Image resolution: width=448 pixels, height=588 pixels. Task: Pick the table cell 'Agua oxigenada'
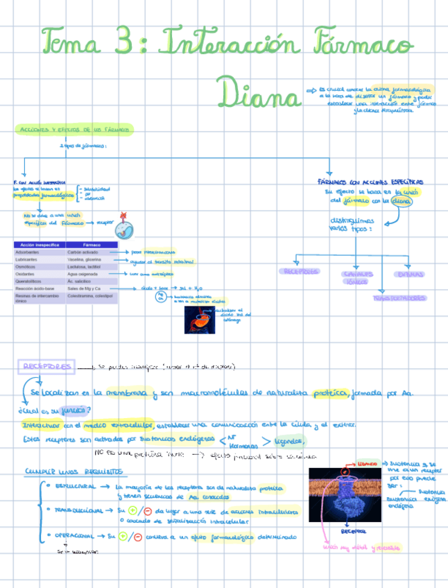click(x=82, y=273)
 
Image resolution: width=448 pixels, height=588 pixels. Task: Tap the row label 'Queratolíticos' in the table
click(x=30, y=281)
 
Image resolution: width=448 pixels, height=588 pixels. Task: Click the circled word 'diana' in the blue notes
click(x=401, y=202)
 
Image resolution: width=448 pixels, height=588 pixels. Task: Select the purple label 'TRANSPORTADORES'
click(x=399, y=297)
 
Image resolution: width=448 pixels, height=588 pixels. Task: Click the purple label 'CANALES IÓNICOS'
click(x=356, y=278)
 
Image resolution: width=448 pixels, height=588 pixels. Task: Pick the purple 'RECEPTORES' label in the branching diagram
click(x=300, y=271)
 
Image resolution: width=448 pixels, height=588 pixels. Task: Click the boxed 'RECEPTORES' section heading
click(x=46, y=366)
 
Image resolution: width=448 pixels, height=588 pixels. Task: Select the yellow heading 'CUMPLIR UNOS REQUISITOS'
click(x=74, y=472)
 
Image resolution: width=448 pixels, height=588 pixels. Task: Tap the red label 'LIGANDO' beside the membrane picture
click(x=368, y=462)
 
